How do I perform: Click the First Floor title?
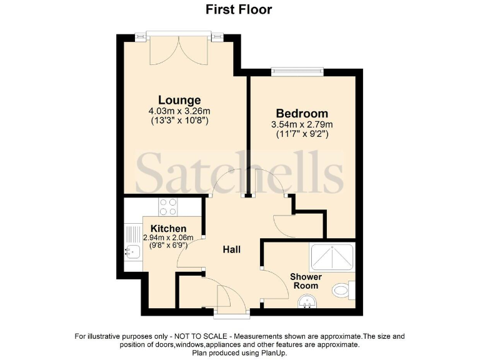(239, 9)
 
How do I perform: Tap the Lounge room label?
(179, 100)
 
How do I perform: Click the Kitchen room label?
(169, 229)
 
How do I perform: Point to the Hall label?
(232, 250)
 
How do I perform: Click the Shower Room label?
(306, 281)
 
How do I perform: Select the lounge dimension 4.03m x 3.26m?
(179, 111)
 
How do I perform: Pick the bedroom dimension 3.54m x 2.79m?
(302, 124)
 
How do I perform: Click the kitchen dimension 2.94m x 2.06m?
(169, 238)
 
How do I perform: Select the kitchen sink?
(133, 252)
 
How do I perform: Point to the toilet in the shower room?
(342, 290)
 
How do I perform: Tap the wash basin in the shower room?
(307, 303)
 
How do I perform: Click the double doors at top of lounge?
(179, 50)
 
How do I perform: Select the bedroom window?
(297, 72)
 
